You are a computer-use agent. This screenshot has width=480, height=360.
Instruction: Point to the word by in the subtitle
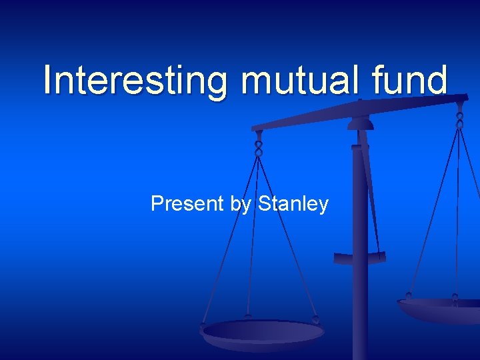tap(241, 204)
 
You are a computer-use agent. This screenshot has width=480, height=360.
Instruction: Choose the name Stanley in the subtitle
tap(293, 203)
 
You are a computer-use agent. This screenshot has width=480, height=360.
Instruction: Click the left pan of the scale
tap(263, 331)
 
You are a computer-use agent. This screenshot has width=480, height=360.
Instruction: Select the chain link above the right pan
tap(459, 120)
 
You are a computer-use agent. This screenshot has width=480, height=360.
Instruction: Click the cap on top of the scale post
tap(361, 123)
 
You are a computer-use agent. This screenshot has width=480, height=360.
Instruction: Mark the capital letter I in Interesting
tap(48, 80)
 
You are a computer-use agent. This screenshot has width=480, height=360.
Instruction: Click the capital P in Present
tap(157, 203)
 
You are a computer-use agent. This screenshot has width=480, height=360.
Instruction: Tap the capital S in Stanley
tap(264, 203)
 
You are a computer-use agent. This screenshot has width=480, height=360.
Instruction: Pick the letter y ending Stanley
tap(323, 205)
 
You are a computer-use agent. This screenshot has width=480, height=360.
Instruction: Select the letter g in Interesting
tap(215, 84)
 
